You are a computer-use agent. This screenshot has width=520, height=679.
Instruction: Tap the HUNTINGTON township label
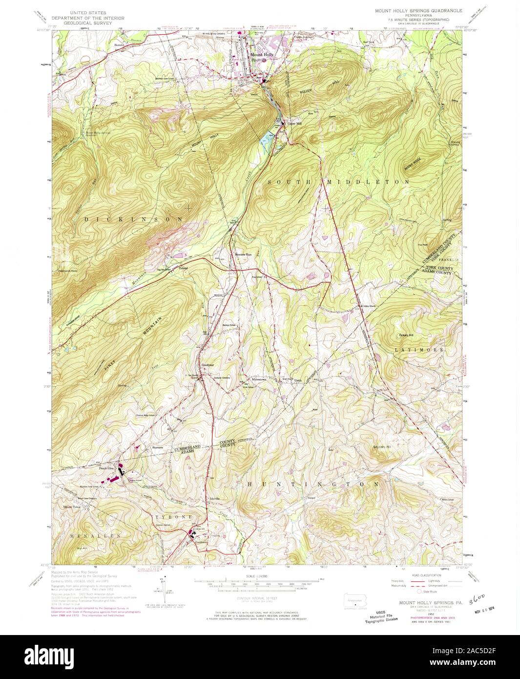313,484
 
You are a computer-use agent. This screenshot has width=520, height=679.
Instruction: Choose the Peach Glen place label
106,468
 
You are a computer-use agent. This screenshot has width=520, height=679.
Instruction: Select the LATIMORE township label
419,350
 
